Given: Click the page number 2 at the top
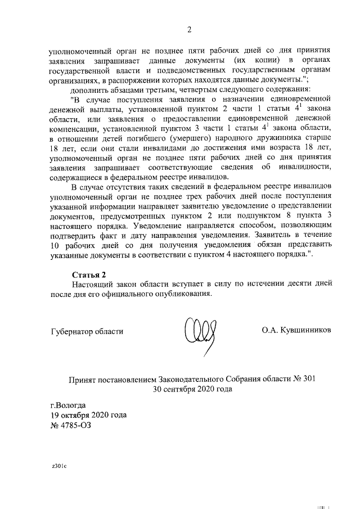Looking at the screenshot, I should point(190,30).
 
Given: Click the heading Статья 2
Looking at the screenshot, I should point(89,275).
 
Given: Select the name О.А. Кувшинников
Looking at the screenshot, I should point(296,331).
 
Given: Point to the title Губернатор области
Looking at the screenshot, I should point(86,331).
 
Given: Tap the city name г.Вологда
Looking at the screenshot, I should point(68,405).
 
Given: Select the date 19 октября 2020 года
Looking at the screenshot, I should point(88,415).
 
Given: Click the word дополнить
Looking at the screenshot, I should point(91,89).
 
